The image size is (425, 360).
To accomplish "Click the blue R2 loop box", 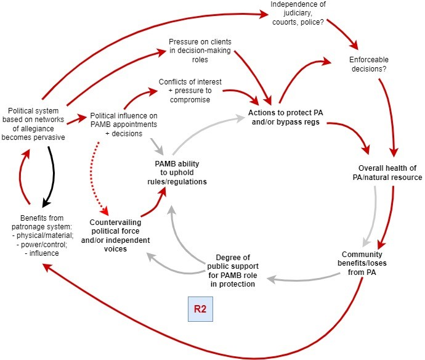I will (200, 308).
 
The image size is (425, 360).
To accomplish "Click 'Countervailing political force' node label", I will (115, 235).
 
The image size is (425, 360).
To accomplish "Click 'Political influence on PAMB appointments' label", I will (123, 120).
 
